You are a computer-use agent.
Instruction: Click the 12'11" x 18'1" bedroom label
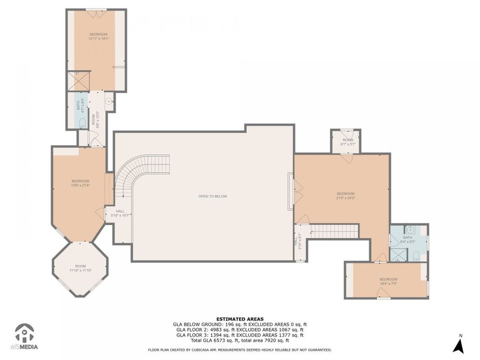click(98, 36)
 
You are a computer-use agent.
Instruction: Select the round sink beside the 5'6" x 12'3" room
click(108, 100)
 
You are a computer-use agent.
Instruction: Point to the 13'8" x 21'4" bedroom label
click(81, 183)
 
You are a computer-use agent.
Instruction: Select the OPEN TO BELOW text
click(213, 196)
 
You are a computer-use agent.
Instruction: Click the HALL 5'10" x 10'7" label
click(120, 213)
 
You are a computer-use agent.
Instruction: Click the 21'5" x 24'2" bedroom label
click(345, 196)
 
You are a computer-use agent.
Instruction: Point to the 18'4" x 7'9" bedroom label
click(388, 281)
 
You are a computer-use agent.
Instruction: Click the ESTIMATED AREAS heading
click(239, 319)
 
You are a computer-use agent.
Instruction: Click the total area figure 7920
click(278, 340)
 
